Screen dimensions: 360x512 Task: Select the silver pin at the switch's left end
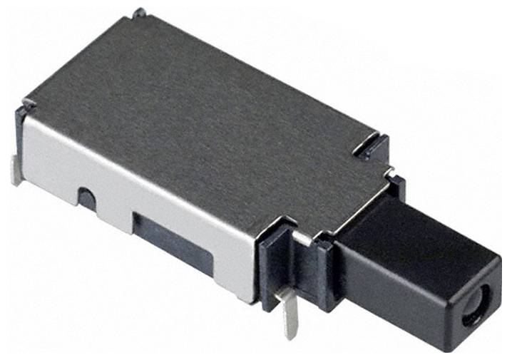tap(16, 172)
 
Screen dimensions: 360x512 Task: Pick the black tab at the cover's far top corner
tap(138, 13)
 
